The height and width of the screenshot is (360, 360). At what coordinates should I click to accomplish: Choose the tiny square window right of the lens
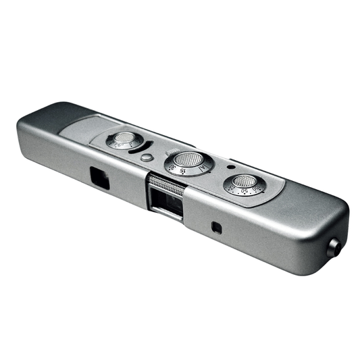[x=216, y=227]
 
